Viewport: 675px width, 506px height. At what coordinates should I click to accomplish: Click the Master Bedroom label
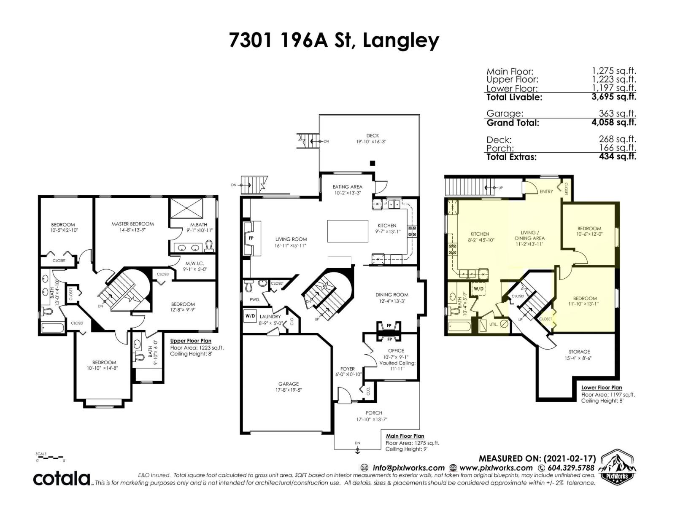tap(132, 224)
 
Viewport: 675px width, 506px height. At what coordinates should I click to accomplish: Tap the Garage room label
tap(288, 384)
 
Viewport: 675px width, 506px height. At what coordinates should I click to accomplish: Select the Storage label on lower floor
tap(579, 352)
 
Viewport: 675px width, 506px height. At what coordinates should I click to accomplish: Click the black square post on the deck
tap(372, 163)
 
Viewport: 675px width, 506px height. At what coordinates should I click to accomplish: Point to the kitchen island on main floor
tap(348, 231)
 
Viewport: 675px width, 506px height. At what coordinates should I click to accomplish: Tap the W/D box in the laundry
tap(250, 315)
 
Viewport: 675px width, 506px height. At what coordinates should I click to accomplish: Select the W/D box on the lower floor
tap(478, 289)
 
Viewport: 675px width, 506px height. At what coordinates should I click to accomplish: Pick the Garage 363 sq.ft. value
tap(617, 113)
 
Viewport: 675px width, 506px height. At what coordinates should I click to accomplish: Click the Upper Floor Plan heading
tap(191, 341)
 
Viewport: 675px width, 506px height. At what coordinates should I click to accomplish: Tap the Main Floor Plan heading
tap(405, 436)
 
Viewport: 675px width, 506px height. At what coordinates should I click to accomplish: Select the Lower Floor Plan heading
tap(601, 388)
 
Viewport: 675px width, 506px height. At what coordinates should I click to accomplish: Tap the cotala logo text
tap(62, 479)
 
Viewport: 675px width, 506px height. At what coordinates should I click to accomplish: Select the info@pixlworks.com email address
tap(408, 468)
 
